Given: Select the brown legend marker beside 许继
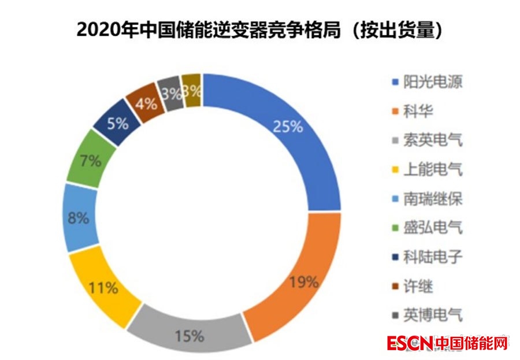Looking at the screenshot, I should [394, 287].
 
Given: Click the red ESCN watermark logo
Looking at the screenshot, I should [409, 343].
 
